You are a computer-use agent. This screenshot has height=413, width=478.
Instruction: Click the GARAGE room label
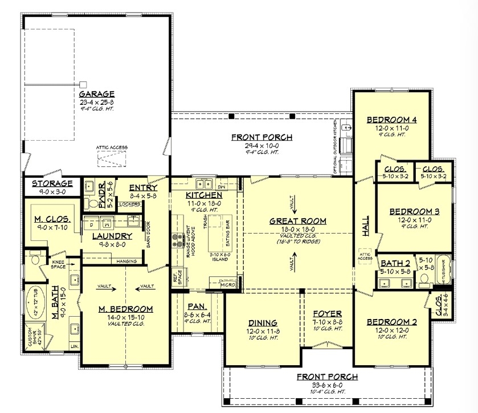(97, 94)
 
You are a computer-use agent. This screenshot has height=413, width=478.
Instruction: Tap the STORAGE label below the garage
(52, 183)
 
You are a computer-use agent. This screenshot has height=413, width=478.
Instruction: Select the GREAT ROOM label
(298, 221)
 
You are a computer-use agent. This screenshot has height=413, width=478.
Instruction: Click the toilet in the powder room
(91, 202)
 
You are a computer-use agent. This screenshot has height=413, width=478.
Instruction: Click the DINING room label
(263, 322)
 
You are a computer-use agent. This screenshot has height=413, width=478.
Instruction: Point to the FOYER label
(327, 314)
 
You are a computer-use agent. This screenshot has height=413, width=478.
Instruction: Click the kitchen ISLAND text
(219, 259)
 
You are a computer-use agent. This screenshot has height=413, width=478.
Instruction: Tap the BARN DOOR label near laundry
(148, 234)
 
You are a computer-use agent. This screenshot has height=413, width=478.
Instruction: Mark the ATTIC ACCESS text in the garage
(112, 148)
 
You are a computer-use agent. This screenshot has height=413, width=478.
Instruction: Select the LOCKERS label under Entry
(130, 203)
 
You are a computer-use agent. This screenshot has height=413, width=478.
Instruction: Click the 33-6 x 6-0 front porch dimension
(327, 385)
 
